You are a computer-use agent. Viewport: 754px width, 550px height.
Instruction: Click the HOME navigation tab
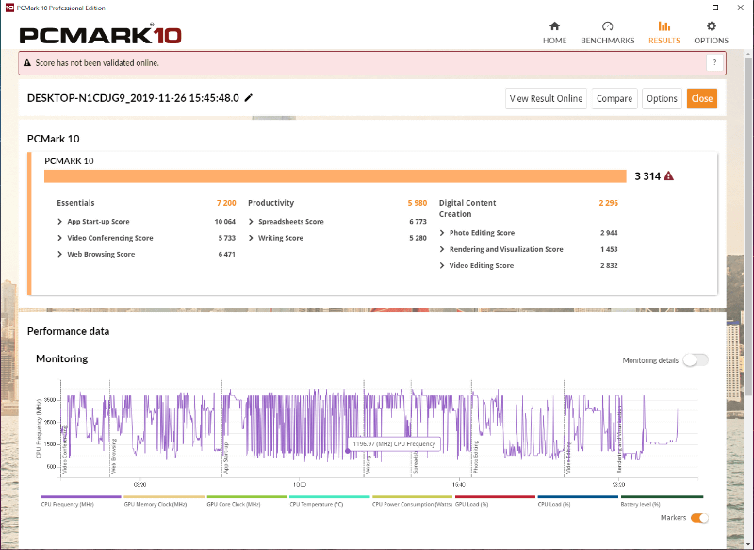click(x=554, y=33)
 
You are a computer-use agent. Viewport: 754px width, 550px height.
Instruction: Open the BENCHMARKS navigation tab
click(x=607, y=33)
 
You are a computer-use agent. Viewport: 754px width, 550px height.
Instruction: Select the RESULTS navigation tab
click(x=664, y=33)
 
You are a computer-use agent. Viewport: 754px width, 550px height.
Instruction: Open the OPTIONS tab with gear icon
click(x=711, y=33)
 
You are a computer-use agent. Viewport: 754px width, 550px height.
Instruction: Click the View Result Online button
click(x=546, y=98)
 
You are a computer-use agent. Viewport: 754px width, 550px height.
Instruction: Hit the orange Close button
click(x=701, y=98)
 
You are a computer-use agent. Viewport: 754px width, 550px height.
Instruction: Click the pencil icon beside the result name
click(x=249, y=97)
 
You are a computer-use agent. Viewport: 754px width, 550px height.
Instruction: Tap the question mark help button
click(x=714, y=63)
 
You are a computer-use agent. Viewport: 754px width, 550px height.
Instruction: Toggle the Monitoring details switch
click(x=696, y=359)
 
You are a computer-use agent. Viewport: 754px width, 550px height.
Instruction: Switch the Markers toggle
click(x=699, y=517)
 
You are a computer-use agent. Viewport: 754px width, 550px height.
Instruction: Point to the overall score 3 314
click(x=647, y=176)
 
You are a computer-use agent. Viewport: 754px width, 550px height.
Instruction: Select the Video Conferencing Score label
click(x=109, y=238)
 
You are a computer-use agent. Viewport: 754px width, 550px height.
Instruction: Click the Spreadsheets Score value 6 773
click(x=418, y=222)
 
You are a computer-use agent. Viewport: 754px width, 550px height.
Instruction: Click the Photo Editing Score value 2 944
click(x=609, y=233)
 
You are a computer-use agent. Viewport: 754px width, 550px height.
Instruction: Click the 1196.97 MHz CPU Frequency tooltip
click(x=394, y=443)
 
